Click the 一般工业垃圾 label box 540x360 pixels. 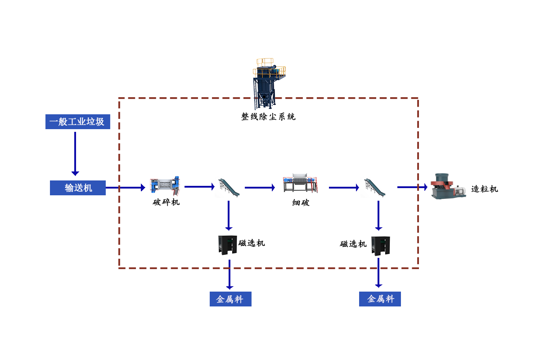pyautogui.click(x=77, y=122)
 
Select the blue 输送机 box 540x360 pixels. pyautogui.click(x=78, y=188)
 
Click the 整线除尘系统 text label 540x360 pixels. pyautogui.click(x=268, y=117)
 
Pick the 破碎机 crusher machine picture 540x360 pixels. pyautogui.click(x=165, y=186)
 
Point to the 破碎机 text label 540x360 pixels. pyautogui.click(x=166, y=202)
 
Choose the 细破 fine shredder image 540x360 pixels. pyautogui.click(x=300, y=183)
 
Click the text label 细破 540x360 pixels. pyautogui.click(x=301, y=203)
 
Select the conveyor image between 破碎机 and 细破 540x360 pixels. pyautogui.click(x=227, y=187)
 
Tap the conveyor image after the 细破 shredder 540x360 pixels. pyautogui.click(x=373, y=187)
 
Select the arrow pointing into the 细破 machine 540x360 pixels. pyautogui.click(x=260, y=187)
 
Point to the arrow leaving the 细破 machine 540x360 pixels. pyautogui.click(x=344, y=187)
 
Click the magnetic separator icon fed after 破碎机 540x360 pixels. pyautogui.click(x=227, y=245)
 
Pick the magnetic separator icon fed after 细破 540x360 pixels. pyautogui.click(x=380, y=246)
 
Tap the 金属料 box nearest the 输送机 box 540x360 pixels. pyautogui.click(x=230, y=299)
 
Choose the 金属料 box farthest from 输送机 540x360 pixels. pyautogui.click(x=380, y=299)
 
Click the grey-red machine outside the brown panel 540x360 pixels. pyautogui.click(x=448, y=186)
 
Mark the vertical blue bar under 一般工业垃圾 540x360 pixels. pyautogui.click(x=75, y=153)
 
